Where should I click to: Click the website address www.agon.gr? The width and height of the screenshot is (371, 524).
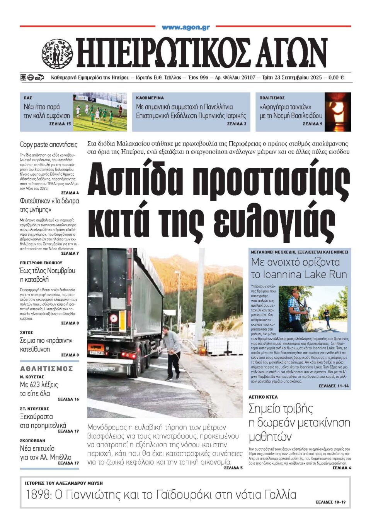pyautogui.click(x=185, y=27)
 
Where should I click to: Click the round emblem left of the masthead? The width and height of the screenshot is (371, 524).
pyautogui.click(x=57, y=54)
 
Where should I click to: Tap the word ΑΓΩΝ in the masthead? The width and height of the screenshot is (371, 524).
pyautogui.click(x=293, y=53)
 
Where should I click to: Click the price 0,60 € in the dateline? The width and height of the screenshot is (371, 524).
pyautogui.click(x=336, y=78)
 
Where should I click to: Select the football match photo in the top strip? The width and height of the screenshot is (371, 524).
pyautogui.click(x=100, y=112)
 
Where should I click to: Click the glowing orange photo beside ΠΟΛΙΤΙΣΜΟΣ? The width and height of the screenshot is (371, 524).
pyautogui.click(x=337, y=112)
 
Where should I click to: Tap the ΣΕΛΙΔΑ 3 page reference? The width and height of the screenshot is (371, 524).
pyautogui.click(x=237, y=124)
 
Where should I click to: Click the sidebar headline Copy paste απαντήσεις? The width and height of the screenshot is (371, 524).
pyautogui.click(x=49, y=145)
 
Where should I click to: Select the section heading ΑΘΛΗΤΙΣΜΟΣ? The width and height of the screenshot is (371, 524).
pyautogui.click(x=46, y=369)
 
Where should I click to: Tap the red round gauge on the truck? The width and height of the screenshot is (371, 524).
pyautogui.click(x=114, y=318)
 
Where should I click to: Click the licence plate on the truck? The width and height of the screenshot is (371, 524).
pyautogui.click(x=97, y=352)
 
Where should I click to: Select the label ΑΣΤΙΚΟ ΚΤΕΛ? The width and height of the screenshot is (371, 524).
pyautogui.click(x=263, y=397)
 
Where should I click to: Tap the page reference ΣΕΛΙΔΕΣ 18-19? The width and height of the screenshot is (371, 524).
pyautogui.click(x=330, y=502)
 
